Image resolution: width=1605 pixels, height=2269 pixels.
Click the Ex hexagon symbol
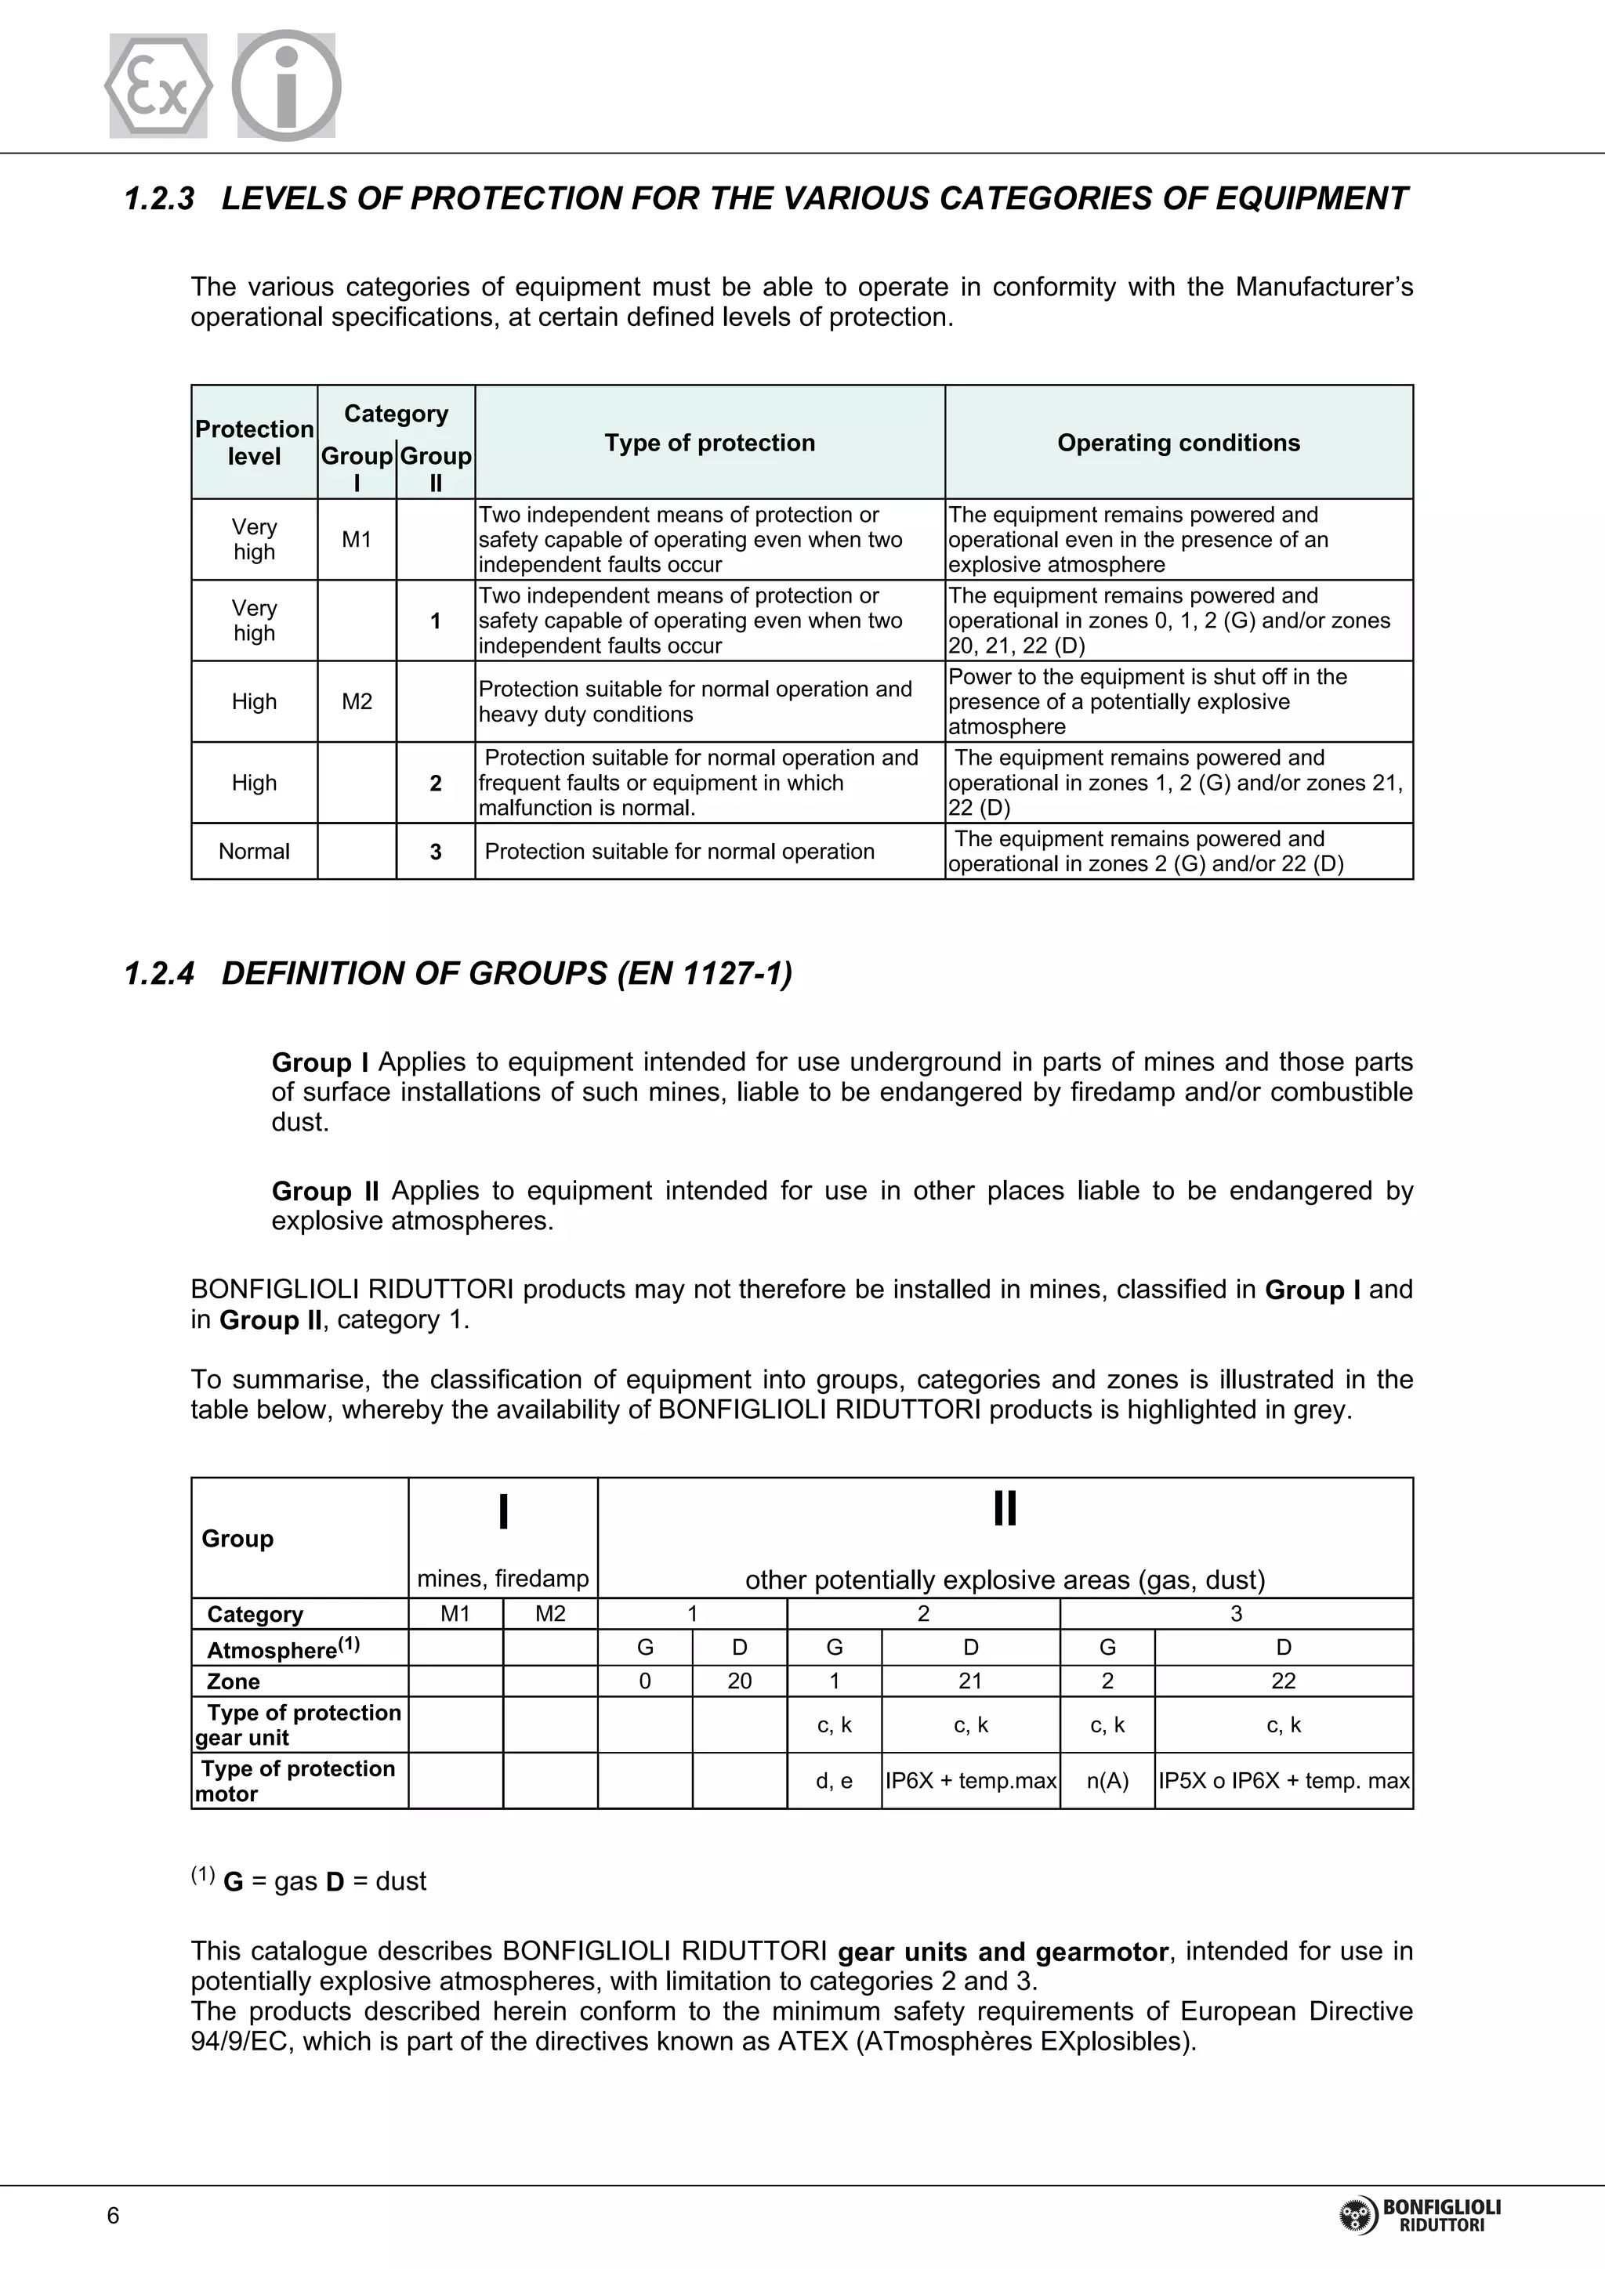point(158,86)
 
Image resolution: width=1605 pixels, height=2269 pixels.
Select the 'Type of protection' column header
point(709,443)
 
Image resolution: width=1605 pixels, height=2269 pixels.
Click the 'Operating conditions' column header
point(1178,443)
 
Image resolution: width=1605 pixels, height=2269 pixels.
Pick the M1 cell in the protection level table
point(356,540)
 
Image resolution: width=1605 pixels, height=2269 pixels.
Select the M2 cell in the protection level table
point(356,702)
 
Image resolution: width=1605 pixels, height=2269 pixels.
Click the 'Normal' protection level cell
point(254,851)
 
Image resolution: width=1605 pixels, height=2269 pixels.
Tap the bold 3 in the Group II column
point(435,852)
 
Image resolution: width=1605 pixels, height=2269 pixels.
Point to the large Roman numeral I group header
point(503,1512)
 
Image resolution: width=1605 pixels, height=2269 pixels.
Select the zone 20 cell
point(739,1681)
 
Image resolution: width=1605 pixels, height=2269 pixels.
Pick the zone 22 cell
point(1283,1681)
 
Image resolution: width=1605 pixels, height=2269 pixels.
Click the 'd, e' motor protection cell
point(834,1781)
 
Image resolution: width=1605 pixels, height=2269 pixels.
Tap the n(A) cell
point(1107,1781)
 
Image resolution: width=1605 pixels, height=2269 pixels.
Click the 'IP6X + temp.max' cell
point(970,1781)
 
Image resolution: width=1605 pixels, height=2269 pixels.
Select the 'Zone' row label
point(234,1681)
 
